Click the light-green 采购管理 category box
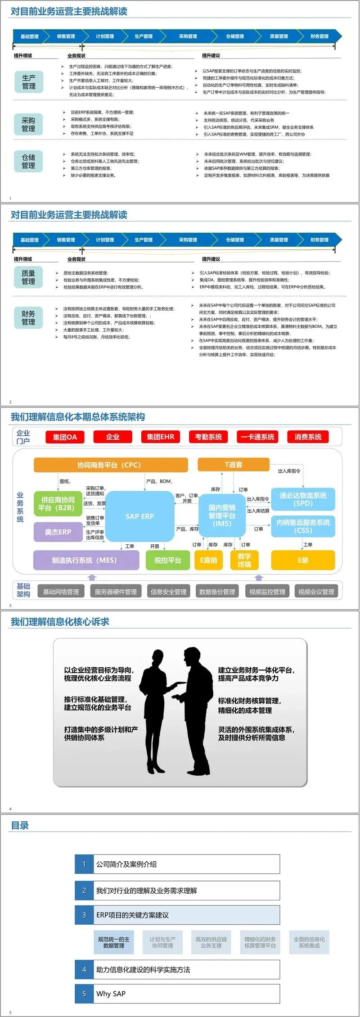point(28,125)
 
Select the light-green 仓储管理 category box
point(28,161)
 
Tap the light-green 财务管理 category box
point(28,318)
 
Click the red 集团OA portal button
point(65,437)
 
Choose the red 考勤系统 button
point(208,437)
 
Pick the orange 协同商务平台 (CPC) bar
point(111,465)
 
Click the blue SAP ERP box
point(139,516)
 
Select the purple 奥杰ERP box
point(58,532)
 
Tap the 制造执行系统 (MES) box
point(85,560)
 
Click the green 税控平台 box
point(168,560)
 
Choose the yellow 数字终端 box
point(244,560)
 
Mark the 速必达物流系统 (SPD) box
point(303,499)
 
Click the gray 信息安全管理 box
point(169,592)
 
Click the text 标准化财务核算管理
point(249,701)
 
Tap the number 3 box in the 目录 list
point(84,915)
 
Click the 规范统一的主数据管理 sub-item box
point(114,942)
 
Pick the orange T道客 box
point(234,465)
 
